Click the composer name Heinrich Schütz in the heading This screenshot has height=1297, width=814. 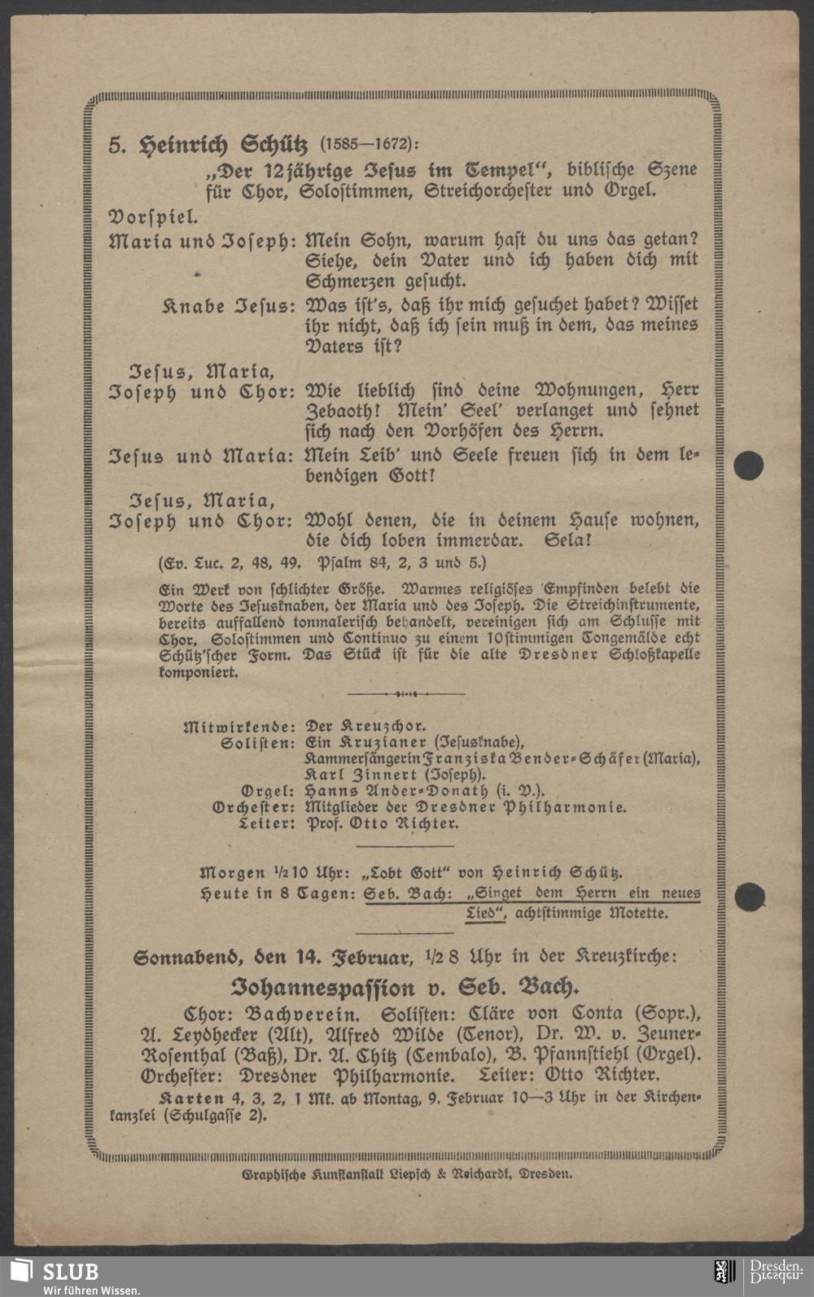(224, 146)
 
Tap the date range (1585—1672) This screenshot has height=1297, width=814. (368, 145)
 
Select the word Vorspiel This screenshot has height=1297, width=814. (153, 217)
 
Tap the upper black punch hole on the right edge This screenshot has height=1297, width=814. (749, 465)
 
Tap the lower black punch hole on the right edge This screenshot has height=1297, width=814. (749, 896)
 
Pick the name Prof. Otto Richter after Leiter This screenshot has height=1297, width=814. (382, 823)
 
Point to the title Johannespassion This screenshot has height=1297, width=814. (322, 989)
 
